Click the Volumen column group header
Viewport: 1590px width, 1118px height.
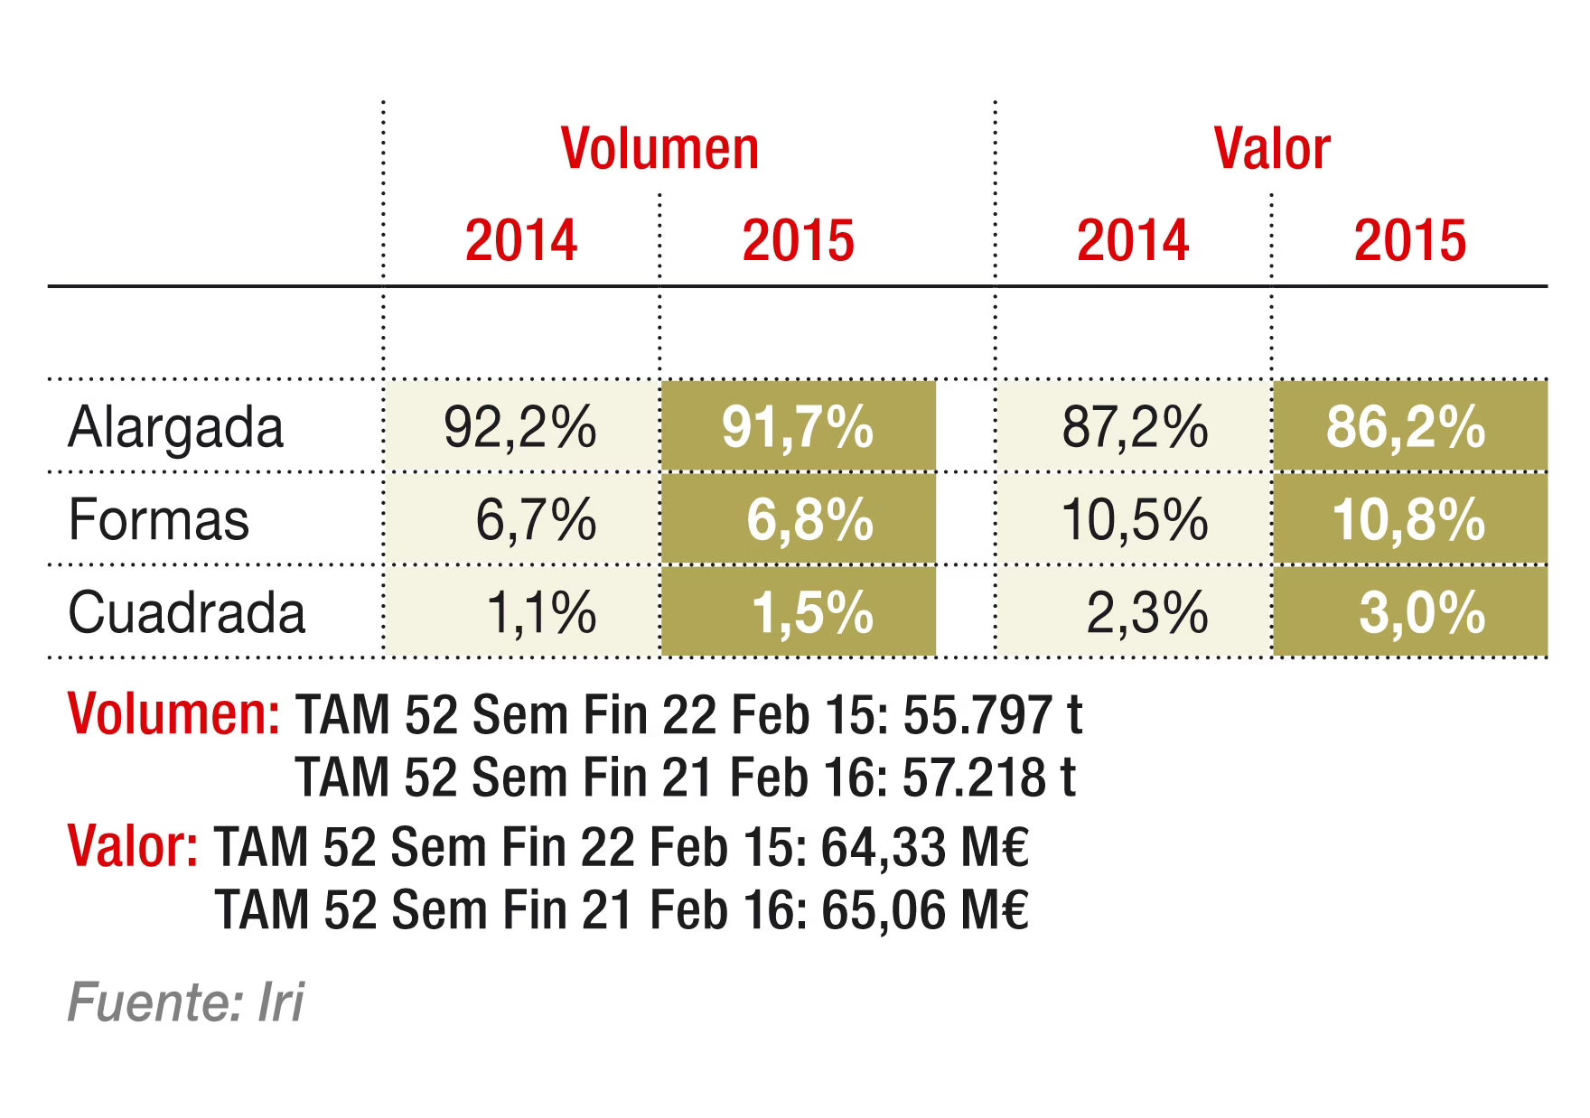(x=659, y=149)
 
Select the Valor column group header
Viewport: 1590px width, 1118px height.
(x=1272, y=149)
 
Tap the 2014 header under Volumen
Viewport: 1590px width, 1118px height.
(x=521, y=241)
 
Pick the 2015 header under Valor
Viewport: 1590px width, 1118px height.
(x=1410, y=241)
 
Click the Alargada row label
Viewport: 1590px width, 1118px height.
(x=176, y=428)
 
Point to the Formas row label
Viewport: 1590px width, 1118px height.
(x=159, y=521)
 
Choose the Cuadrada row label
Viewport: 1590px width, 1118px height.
(x=187, y=613)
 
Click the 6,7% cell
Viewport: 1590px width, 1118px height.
(x=536, y=521)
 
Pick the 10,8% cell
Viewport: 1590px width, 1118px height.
(x=1408, y=521)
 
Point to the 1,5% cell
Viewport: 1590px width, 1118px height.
(x=812, y=613)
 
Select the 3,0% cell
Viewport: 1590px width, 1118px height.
(x=1422, y=613)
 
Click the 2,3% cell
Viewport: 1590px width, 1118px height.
(x=1146, y=613)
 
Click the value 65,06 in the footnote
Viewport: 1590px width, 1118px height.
(x=885, y=910)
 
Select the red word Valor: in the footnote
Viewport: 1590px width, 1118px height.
(x=133, y=847)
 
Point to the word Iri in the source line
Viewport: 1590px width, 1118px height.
(x=281, y=1002)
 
